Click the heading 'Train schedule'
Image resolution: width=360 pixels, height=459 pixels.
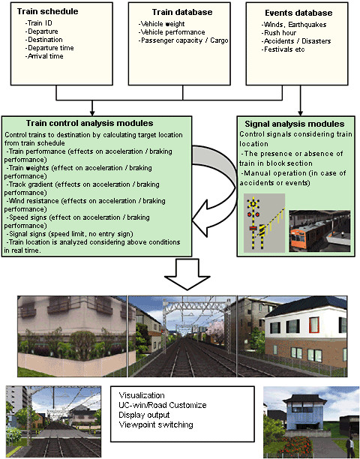(48, 11)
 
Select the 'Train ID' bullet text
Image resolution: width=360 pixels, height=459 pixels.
(39, 23)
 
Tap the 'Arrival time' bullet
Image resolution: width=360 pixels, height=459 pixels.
(44, 56)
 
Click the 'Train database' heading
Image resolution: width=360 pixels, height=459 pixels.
(182, 12)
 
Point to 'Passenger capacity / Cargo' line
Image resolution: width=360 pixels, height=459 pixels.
(183, 40)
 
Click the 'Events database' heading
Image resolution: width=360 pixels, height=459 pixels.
(298, 13)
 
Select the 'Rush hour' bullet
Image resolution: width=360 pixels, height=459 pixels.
(279, 33)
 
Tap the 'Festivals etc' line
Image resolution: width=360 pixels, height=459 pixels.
(283, 49)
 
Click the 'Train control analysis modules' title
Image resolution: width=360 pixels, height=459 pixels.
(89, 123)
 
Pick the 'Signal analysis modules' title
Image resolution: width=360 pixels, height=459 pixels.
(295, 124)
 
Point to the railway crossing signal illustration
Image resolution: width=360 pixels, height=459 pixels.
(264, 223)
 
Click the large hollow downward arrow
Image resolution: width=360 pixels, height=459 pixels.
(187, 274)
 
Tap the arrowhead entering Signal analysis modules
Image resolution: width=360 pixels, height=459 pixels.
(300, 113)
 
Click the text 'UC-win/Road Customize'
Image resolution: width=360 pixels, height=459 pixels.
(163, 405)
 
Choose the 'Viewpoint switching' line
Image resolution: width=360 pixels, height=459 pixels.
(156, 424)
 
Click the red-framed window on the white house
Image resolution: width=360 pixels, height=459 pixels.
(314, 325)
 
